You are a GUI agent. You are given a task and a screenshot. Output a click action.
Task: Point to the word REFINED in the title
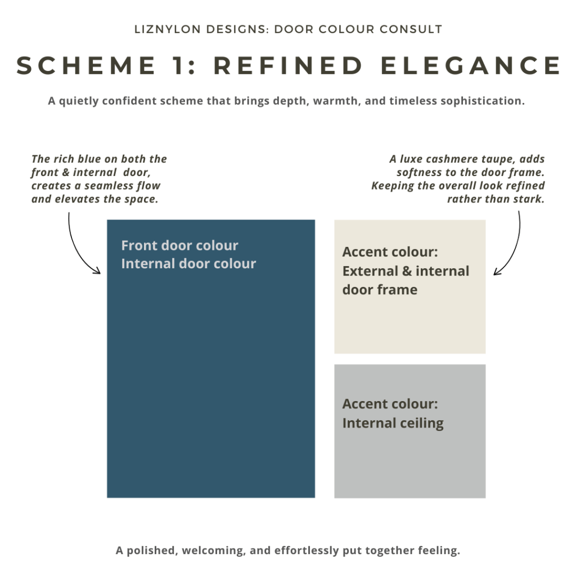[289, 66]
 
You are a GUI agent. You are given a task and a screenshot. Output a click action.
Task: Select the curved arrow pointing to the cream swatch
[512, 247]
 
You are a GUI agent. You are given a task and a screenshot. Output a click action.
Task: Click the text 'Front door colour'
[179, 245]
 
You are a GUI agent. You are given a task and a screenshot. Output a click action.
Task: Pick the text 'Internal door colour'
[188, 263]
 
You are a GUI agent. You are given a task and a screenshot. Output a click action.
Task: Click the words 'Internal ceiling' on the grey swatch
[393, 423]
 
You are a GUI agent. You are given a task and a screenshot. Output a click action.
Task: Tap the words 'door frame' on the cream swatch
[380, 290]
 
